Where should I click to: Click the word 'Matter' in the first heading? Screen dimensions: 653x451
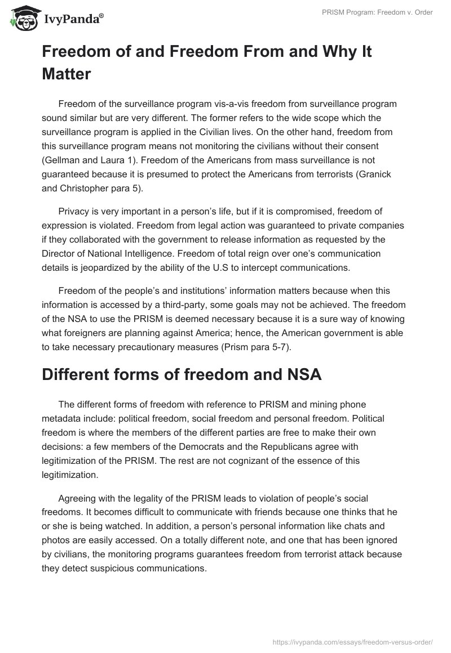(67, 74)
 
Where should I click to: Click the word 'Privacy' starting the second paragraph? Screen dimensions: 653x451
(73, 211)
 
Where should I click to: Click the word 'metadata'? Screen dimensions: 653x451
(63, 419)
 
